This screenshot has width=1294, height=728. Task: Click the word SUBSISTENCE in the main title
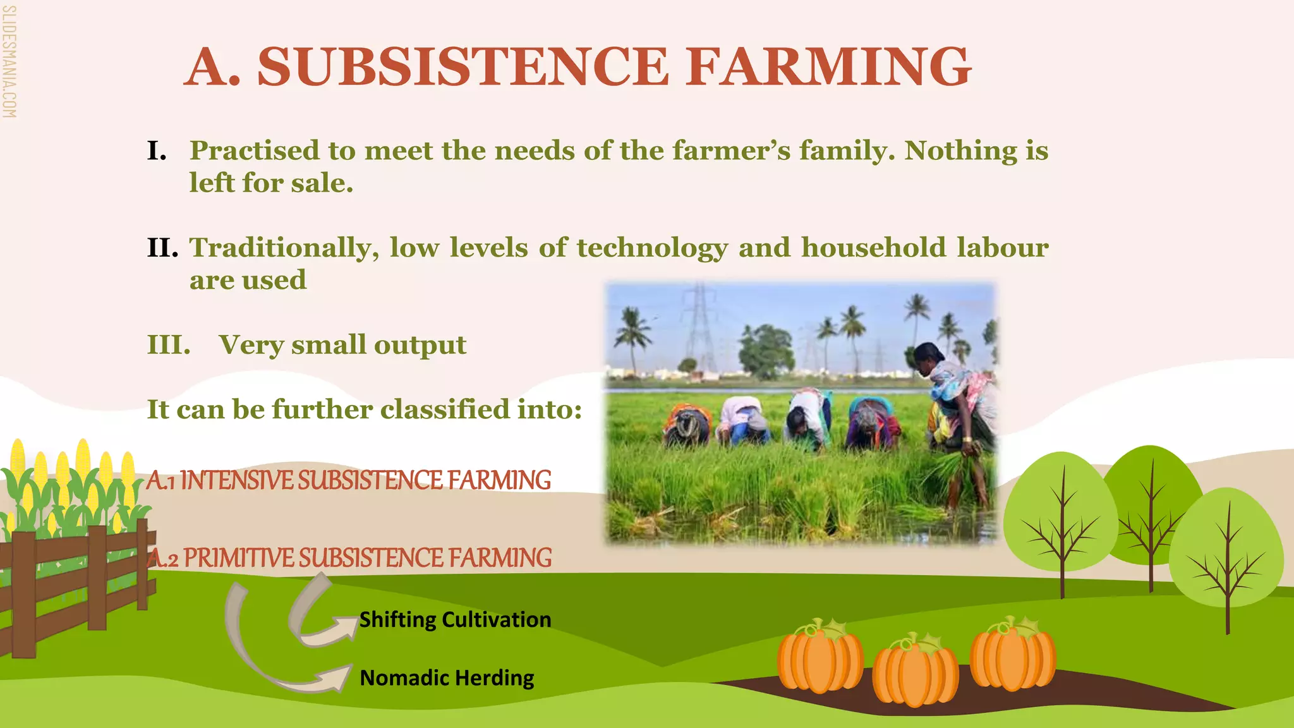point(463,67)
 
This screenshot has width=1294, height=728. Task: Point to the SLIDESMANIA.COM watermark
point(9,61)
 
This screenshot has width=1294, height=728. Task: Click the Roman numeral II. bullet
point(162,248)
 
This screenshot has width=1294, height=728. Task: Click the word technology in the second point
point(652,248)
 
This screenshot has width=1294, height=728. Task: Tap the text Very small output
point(342,345)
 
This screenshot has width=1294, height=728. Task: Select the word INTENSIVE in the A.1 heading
point(238,480)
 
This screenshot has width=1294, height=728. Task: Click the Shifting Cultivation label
point(455,620)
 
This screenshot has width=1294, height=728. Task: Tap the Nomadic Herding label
point(447,678)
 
